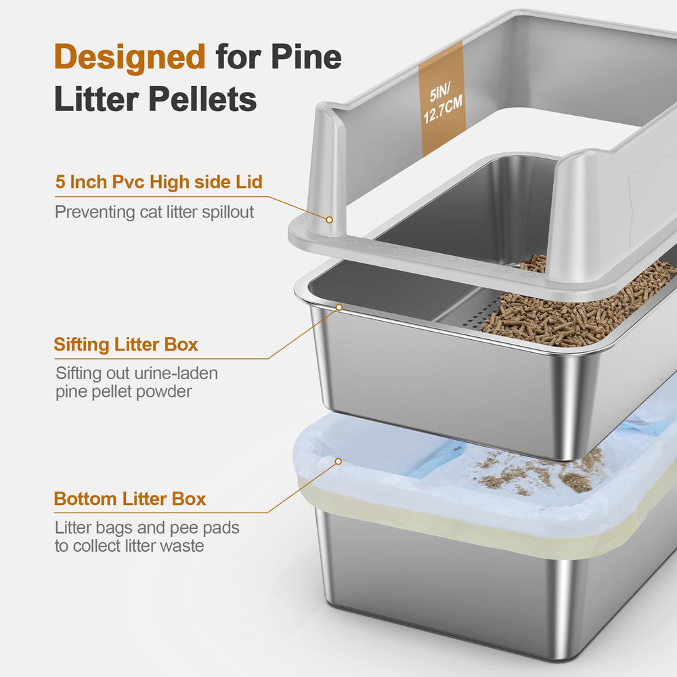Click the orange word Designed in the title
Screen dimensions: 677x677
pyautogui.click(x=129, y=57)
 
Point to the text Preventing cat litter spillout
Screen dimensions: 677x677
pyautogui.click(x=154, y=212)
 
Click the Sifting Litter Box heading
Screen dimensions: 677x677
pyautogui.click(x=126, y=344)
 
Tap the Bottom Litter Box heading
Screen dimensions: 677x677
pyautogui.click(x=130, y=500)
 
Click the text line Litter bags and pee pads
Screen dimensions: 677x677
pyautogui.click(x=147, y=527)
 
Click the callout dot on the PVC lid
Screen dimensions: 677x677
pyautogui.click(x=329, y=219)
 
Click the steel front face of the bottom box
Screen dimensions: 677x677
pyautogui.click(x=440, y=596)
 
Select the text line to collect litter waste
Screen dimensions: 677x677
pyautogui.click(x=129, y=546)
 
